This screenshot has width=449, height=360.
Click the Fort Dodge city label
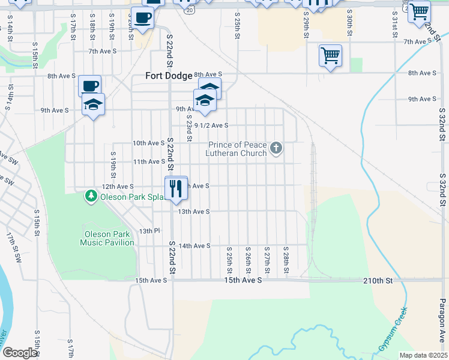tap(169, 76)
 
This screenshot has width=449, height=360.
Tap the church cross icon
tap(276, 148)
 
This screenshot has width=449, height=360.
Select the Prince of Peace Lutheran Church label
tap(237, 149)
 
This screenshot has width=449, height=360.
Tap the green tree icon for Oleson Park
tap(91, 196)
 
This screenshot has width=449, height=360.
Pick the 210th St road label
tap(378, 280)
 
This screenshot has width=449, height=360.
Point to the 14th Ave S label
tap(194, 245)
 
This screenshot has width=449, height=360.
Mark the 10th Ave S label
tap(148, 143)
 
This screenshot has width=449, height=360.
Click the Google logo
tap(20, 353)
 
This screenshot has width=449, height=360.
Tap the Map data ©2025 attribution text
tap(423, 355)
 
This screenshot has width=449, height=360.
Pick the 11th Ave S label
tap(148, 161)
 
